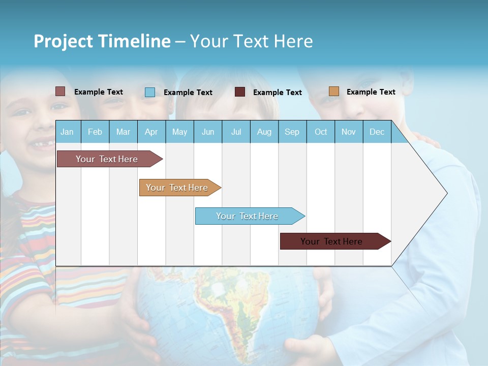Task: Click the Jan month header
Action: [67, 132]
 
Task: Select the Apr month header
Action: [151, 132]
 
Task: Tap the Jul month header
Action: [236, 132]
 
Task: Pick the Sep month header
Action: [292, 132]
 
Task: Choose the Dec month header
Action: [377, 132]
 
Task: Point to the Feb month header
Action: [95, 132]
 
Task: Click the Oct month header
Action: [321, 132]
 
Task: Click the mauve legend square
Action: [60, 91]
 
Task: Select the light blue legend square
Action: [150, 92]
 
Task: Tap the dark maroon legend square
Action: [240, 92]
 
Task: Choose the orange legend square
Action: [333, 91]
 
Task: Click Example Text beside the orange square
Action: [371, 92]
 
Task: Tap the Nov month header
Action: [349, 132]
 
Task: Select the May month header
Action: [179, 132]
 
